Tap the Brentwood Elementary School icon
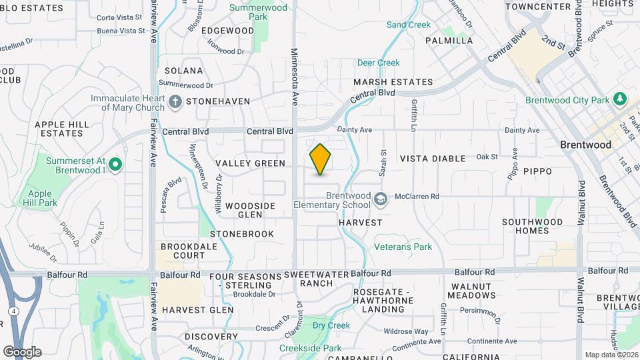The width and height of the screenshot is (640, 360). click(x=380, y=199)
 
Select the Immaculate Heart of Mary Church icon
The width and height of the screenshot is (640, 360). click(x=175, y=102)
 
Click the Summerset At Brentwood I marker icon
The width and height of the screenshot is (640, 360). click(x=115, y=164)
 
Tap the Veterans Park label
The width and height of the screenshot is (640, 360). click(x=403, y=247)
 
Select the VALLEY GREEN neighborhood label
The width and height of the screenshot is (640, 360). click(x=250, y=163)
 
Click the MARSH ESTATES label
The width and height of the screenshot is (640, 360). click(x=393, y=82)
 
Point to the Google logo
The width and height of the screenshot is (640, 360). click(x=22, y=352)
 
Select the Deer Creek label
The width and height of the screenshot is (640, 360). click(x=378, y=63)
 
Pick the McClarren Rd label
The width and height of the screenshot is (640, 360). click(x=416, y=197)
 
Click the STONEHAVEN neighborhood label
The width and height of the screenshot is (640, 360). click(x=218, y=101)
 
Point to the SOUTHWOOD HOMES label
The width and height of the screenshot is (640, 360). click(x=535, y=226)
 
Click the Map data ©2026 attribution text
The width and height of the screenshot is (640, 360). click(x=611, y=354)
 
